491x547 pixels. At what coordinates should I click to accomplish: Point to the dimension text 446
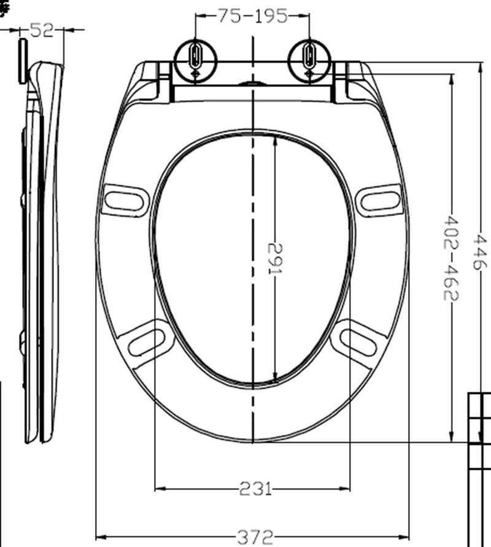480,251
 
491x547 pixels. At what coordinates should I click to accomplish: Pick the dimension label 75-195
252,16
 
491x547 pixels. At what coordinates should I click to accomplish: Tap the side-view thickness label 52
42,29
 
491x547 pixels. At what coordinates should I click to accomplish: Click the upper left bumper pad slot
125,200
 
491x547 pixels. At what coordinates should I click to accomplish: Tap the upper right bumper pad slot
380,200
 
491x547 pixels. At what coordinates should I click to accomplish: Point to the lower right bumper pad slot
358,341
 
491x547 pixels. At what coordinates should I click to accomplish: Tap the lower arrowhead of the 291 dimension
274,379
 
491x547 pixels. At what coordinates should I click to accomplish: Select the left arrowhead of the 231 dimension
158,489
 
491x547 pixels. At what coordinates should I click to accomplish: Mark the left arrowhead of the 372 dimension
99,538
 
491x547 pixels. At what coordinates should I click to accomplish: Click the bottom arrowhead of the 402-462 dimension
452,437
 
